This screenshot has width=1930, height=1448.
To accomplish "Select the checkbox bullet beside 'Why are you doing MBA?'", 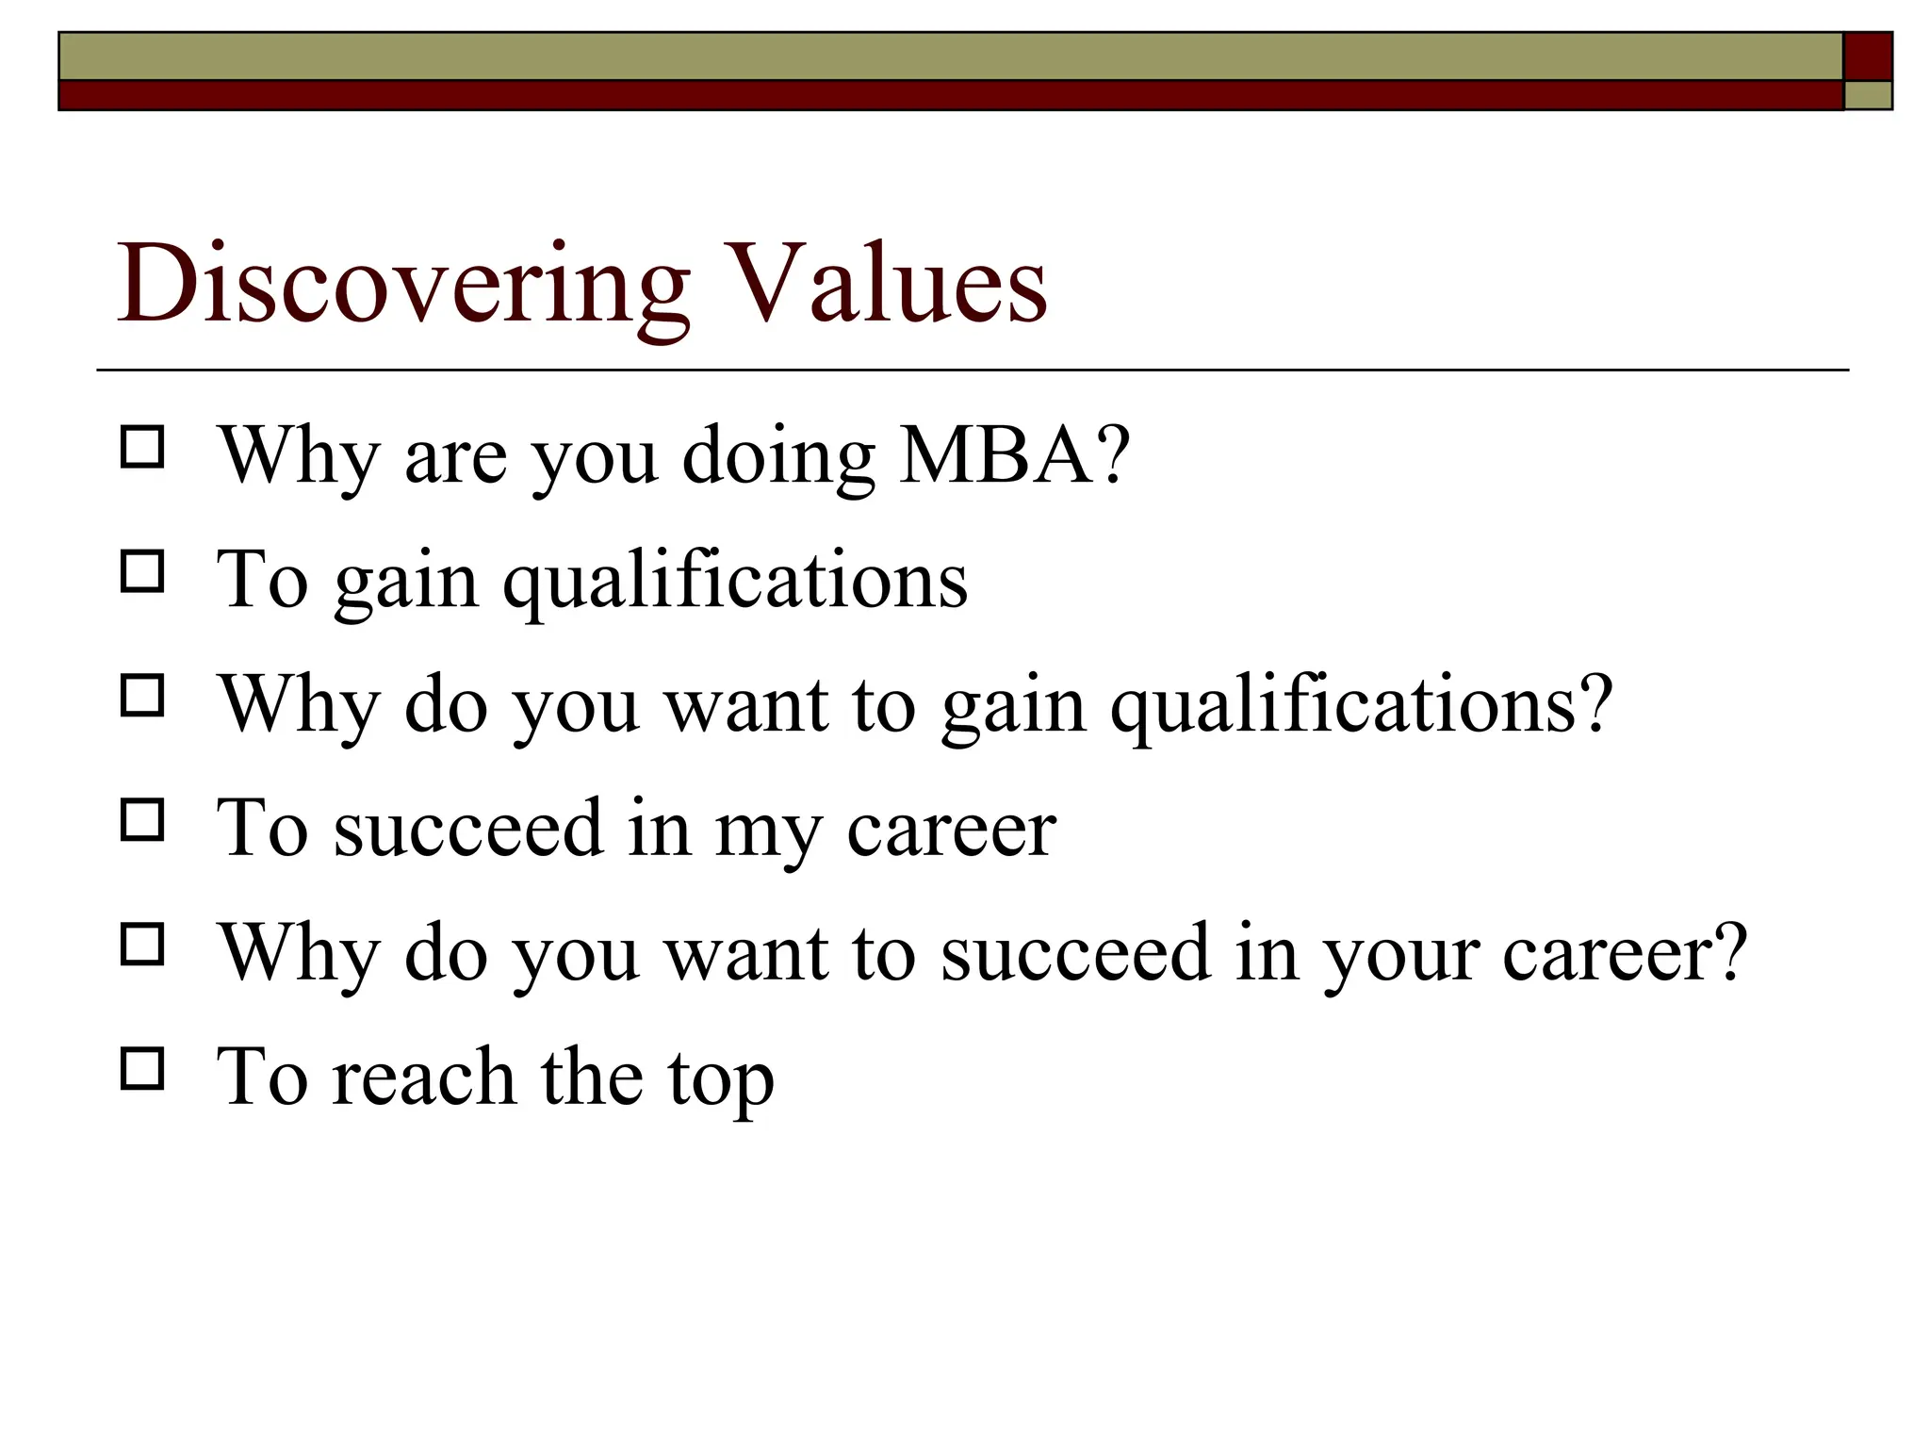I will point(142,447).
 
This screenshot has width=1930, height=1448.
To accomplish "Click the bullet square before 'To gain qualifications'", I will point(142,571).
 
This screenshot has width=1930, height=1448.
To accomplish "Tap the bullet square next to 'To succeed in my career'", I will point(142,820).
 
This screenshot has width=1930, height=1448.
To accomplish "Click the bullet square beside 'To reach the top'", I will point(142,1069).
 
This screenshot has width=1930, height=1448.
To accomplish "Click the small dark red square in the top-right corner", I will point(1867,57).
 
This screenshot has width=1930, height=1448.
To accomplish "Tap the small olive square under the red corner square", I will point(1867,95).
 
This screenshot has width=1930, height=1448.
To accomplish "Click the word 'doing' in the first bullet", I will point(778,457).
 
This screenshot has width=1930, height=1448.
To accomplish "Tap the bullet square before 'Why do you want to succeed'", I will point(142,945).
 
